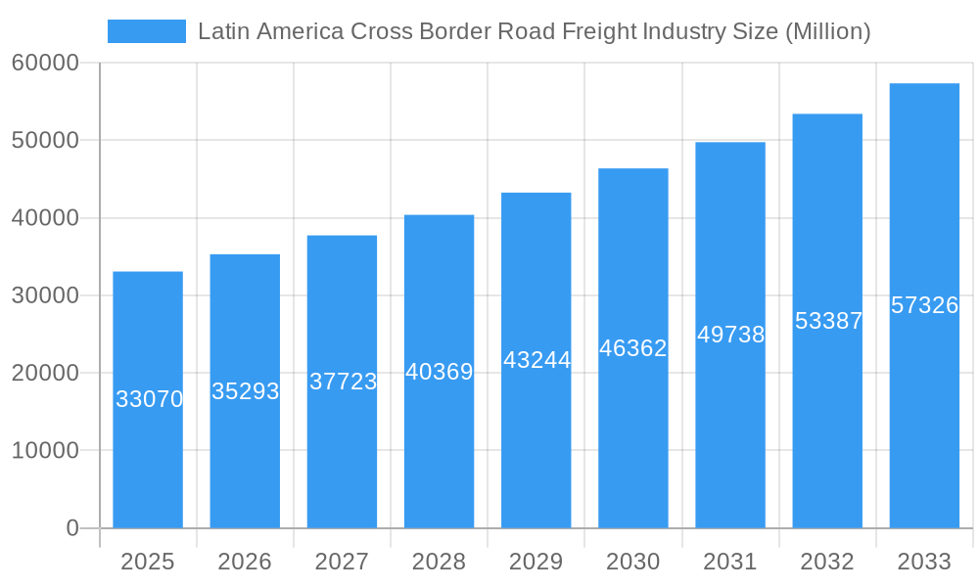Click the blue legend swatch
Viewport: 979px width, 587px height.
[146, 31]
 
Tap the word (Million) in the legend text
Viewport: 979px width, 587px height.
[827, 31]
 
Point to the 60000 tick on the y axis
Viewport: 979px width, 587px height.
[45, 64]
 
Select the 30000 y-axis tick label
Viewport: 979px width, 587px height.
[45, 295]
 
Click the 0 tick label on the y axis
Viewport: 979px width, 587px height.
[72, 528]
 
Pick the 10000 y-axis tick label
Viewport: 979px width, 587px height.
[45, 451]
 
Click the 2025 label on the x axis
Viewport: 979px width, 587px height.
[147, 562]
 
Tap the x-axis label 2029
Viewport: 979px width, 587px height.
[536, 562]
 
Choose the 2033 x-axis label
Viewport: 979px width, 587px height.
[924, 562]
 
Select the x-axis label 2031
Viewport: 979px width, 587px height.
[730, 562]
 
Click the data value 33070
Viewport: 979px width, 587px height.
[149, 399]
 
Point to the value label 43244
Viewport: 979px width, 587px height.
[536, 360]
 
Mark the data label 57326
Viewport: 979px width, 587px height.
[924, 305]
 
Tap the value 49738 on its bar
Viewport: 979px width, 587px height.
[730, 335]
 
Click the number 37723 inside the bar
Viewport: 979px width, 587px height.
[343, 382]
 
